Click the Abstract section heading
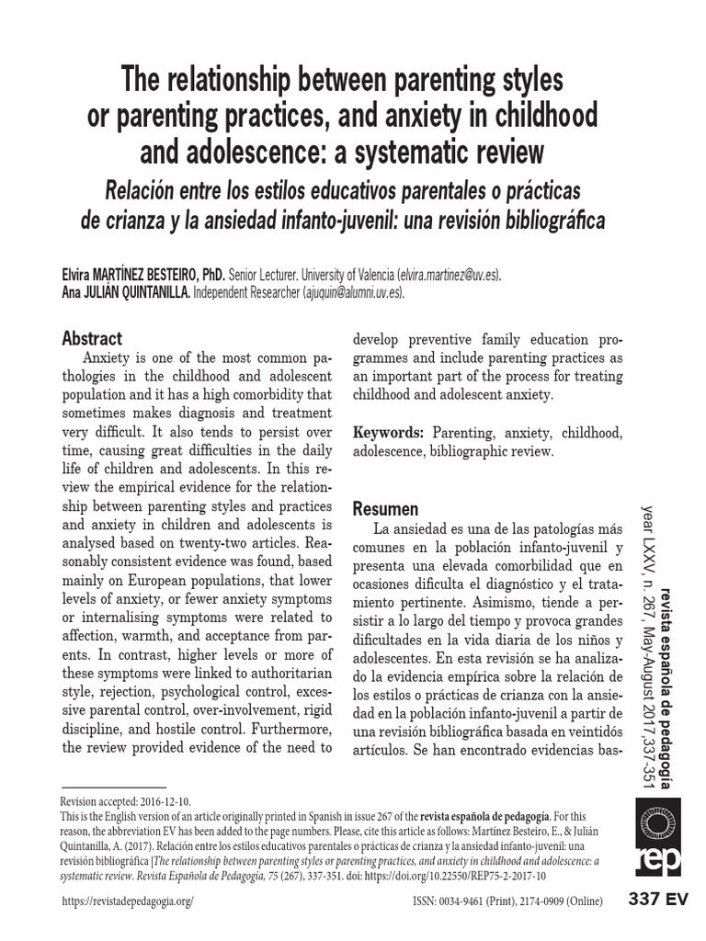coord(91,337)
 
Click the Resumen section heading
coord(385,508)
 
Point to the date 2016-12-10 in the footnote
coord(164,801)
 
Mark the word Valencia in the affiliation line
coord(369,275)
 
